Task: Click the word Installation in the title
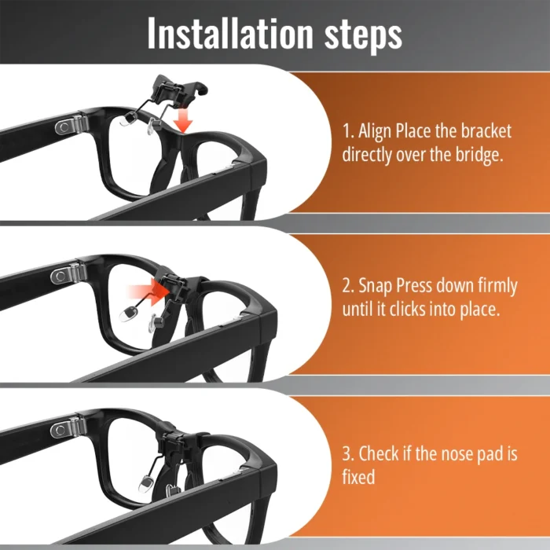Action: click(x=229, y=33)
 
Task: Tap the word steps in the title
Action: click(x=363, y=36)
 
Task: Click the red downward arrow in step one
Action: click(x=183, y=121)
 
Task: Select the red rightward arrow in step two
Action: click(x=148, y=291)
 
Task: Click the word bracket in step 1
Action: click(x=486, y=131)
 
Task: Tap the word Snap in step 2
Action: click(x=376, y=287)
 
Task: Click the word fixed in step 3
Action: click(x=358, y=477)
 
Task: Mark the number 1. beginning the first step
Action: click(x=348, y=131)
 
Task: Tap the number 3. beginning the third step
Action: click(x=348, y=453)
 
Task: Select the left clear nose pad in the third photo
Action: click(x=145, y=483)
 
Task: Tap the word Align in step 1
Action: click(x=375, y=132)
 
